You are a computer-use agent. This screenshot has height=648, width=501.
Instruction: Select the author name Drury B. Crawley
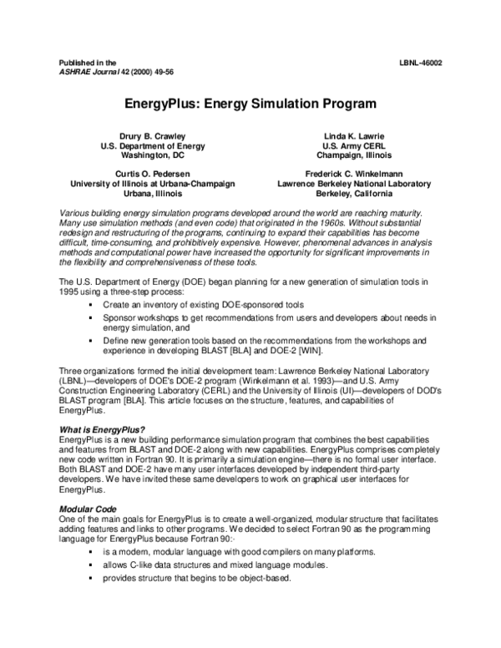(152, 135)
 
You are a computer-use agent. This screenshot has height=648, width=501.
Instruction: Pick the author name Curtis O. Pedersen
(152, 173)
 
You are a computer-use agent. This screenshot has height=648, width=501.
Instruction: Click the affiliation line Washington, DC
(152, 155)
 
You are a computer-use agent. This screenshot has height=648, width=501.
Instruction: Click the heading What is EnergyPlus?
(99, 428)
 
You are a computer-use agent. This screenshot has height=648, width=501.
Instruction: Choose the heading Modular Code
(88, 509)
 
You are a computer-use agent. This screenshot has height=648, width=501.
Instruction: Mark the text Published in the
(88, 63)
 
